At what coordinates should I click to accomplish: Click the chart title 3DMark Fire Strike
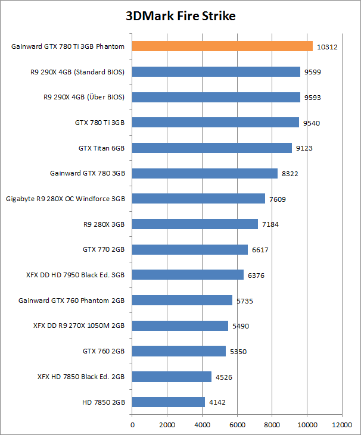pyautogui.click(x=181, y=16)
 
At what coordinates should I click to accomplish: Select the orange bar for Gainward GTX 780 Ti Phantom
pyautogui.click(x=222, y=46)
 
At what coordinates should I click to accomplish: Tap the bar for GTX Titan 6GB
pyautogui.click(x=211, y=148)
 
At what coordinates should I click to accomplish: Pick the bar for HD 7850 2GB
pyautogui.click(x=169, y=402)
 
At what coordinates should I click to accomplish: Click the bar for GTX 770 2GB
pyautogui.click(x=189, y=249)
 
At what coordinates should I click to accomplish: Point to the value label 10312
pyautogui.click(x=328, y=46)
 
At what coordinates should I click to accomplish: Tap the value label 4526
pyautogui.click(x=223, y=377)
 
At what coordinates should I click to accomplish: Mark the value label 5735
pyautogui.click(x=244, y=301)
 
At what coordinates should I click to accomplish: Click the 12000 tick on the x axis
pyautogui.click(x=342, y=425)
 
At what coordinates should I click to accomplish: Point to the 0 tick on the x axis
pyautogui.click(x=132, y=425)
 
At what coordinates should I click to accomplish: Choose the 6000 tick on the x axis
pyautogui.click(x=237, y=425)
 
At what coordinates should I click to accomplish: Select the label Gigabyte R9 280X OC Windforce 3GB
pyautogui.click(x=66, y=199)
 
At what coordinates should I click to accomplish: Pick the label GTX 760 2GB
pyautogui.click(x=104, y=351)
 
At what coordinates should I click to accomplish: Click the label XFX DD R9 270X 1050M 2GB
pyautogui.click(x=79, y=326)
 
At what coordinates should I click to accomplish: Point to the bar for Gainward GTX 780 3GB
pyautogui.click(x=204, y=173)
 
